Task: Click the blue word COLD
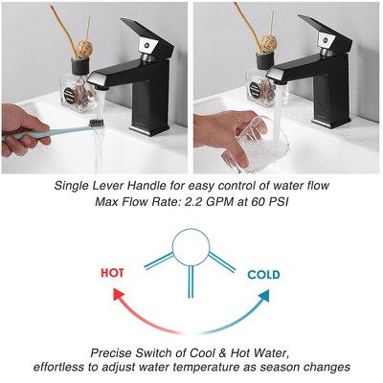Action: click(263, 275)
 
